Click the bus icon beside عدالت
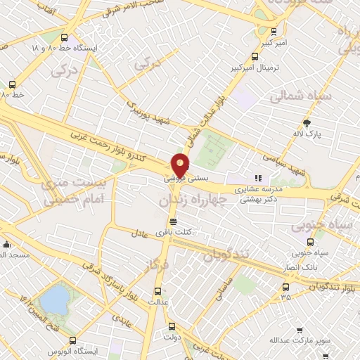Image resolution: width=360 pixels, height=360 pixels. click(x=157, y=290)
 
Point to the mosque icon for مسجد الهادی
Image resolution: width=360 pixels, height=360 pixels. click(x=7, y=245)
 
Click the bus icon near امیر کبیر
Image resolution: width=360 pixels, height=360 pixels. click(x=274, y=31)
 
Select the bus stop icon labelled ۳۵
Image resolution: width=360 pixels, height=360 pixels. click(x=285, y=287)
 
